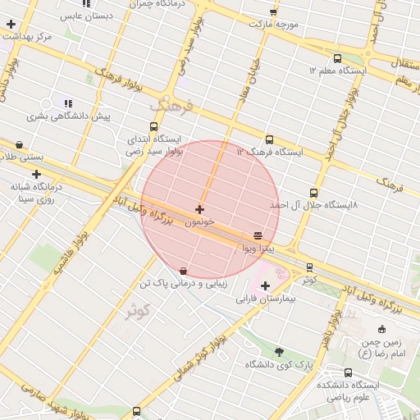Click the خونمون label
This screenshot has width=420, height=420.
coord(199,222)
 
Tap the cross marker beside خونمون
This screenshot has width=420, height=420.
coord(199,209)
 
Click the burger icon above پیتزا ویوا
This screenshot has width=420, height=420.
coord(259,235)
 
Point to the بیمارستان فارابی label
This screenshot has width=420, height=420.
coord(265,299)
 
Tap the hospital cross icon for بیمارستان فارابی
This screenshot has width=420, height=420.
coord(264,286)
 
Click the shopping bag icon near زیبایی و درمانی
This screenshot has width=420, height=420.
coord(182,271)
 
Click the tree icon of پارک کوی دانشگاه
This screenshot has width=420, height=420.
coord(280,351)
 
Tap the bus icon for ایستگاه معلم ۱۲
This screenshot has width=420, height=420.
coord(337,58)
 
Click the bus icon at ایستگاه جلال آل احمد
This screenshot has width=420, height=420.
coord(313,194)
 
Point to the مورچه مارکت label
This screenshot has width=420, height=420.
coord(274,25)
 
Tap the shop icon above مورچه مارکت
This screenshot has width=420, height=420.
coord(273,12)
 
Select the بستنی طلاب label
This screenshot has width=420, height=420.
coord(18,157)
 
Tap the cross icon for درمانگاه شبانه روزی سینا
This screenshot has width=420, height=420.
coord(36,174)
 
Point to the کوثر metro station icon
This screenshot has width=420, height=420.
coord(309,267)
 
